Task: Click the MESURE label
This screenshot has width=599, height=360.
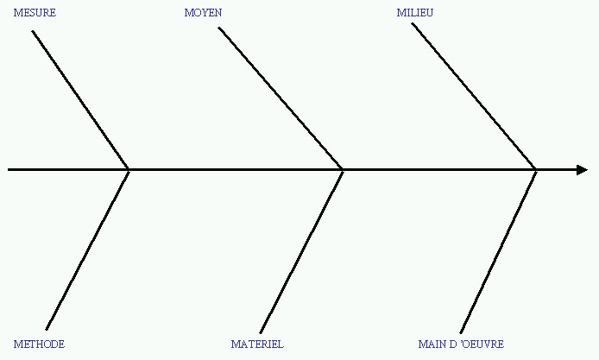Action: click(35, 13)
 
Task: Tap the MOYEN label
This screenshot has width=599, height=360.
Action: click(203, 13)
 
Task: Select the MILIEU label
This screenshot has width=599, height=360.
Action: click(415, 13)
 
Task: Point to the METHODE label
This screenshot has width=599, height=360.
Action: click(39, 344)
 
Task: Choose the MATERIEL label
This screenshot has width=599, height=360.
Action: click(257, 344)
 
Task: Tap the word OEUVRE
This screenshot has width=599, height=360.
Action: click(482, 344)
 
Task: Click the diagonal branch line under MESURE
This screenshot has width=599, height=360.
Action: click(80, 100)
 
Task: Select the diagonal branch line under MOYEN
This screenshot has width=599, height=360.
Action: click(281, 98)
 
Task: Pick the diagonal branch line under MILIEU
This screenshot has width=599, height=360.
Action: click(474, 97)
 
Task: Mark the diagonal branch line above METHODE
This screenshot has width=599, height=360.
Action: click(87, 249)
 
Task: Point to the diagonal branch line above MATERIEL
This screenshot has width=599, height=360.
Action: click(301, 251)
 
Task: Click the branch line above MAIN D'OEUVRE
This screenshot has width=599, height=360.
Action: click(499, 251)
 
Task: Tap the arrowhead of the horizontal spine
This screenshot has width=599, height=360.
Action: click(583, 170)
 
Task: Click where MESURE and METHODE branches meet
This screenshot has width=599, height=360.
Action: click(129, 170)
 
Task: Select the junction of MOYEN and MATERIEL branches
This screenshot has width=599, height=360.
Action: click(343, 170)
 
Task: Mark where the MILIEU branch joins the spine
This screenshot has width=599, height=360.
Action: click(536, 170)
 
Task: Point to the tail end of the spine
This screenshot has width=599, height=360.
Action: click(8, 170)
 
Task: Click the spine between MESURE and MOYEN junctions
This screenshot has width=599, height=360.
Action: click(236, 170)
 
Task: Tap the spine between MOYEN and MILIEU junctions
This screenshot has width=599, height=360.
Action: click(439, 170)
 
